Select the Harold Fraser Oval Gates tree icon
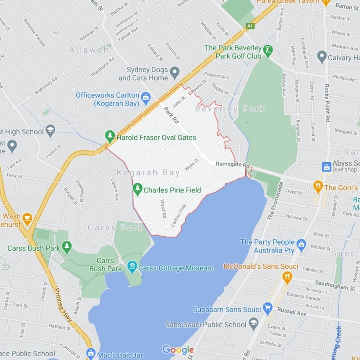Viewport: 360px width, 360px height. tap(110, 137)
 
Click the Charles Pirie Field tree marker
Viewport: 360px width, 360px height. tap(138, 190)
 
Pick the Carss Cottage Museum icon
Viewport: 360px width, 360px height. tap(132, 267)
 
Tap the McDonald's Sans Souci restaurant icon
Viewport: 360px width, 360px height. tap(287, 277)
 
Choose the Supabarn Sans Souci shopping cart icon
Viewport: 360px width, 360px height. tap(267, 308)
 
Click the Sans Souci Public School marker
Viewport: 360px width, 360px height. tap(254, 323)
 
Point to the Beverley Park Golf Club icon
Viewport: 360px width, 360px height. tap(268, 50)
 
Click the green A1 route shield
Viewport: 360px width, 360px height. tap(250, 26)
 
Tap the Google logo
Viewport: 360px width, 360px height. tap(178, 350)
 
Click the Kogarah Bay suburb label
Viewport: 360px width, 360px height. tap(148, 173)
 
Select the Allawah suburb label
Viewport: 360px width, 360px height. tap(89, 50)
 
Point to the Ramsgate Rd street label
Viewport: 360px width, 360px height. tap(233, 164)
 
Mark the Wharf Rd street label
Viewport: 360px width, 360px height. tap(163, 209)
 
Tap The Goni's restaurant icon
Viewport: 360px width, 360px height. tap(318, 187)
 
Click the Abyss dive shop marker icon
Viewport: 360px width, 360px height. tap(326, 167)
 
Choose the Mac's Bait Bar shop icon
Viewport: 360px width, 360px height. tap(90, 353)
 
